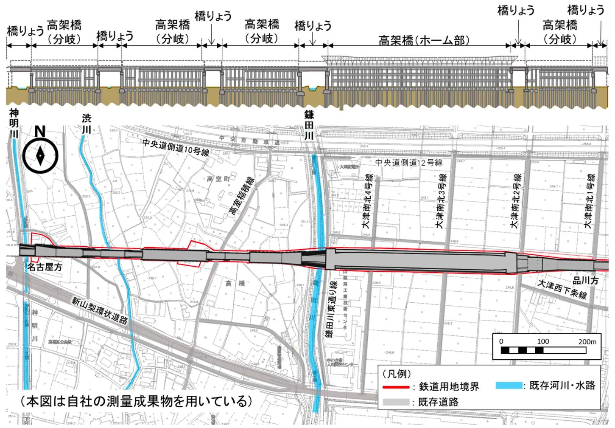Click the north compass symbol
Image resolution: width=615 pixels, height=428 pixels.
coord(40,155)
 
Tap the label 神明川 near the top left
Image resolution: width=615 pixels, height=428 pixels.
coord(14,123)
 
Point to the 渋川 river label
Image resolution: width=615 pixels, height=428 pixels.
coord(87,123)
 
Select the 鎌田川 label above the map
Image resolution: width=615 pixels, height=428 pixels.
coord(309,125)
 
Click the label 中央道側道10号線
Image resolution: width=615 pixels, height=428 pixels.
coord(176,147)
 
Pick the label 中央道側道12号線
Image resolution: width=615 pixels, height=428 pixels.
coord(408,163)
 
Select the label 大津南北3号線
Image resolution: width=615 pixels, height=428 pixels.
coord(441,200)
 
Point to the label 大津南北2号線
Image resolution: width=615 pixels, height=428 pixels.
coord(516,200)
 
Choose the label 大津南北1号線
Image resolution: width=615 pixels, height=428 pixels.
coord(590,200)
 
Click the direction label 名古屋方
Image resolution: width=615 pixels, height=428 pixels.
coord(45,267)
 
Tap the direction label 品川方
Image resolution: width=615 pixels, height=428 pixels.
coord(585,280)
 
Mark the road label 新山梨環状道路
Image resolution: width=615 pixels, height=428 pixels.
coord(99,310)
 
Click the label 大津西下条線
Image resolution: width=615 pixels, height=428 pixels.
coord(562,289)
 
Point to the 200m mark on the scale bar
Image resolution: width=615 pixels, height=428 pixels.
coord(587,342)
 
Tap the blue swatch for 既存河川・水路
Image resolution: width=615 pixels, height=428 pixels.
coord(509,386)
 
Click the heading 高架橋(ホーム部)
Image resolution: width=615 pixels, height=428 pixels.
coord(424,41)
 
